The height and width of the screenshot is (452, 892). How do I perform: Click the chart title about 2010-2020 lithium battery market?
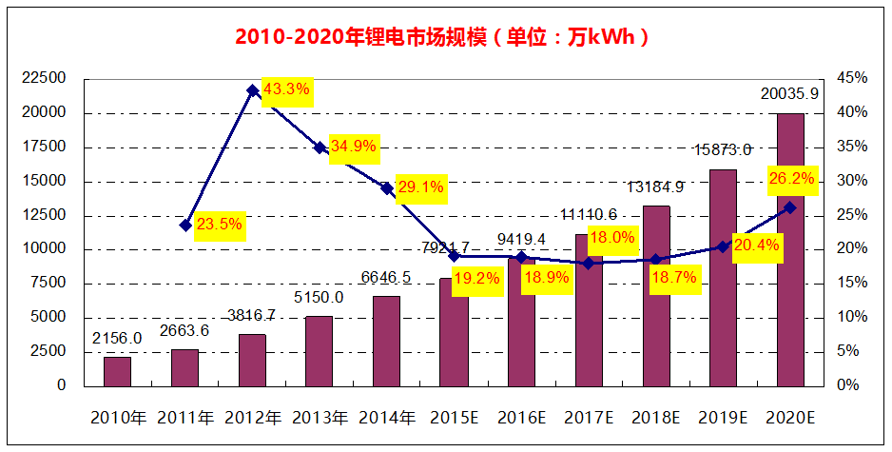(444, 37)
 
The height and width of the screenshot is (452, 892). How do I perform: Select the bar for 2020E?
(790, 249)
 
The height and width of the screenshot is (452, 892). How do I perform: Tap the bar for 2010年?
(117, 371)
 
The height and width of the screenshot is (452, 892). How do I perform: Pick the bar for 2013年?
(319, 350)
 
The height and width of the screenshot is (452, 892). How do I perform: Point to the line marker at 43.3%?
(253, 91)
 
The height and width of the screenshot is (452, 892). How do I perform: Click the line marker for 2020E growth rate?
(790, 207)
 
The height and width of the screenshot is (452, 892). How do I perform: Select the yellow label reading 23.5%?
(219, 226)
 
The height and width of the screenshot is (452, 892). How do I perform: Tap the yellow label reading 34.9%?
(354, 147)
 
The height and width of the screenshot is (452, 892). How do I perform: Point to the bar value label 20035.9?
(789, 94)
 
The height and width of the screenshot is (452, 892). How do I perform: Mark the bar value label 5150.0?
(319, 297)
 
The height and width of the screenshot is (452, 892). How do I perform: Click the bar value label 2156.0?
(117, 338)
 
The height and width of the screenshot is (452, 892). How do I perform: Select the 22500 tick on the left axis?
(44, 78)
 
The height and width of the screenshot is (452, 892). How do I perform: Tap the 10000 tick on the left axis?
(44, 249)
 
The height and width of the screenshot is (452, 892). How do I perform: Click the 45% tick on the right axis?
(852, 78)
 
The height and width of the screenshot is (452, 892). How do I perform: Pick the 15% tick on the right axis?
(852, 284)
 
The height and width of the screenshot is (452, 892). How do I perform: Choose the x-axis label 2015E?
(454, 417)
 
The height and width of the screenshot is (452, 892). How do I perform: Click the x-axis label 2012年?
(252, 417)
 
